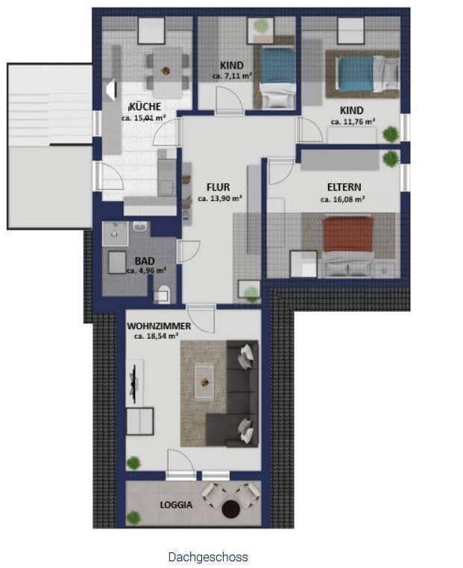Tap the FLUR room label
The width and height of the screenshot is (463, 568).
[x=218, y=187]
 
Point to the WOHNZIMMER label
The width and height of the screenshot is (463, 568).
[x=159, y=326]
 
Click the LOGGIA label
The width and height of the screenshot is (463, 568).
[x=176, y=504]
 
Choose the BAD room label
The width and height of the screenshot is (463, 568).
[x=145, y=261]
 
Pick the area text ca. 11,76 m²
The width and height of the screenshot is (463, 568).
[x=353, y=121]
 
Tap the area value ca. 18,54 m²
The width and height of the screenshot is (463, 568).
[x=156, y=336]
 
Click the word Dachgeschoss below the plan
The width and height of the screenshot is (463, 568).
[x=208, y=557]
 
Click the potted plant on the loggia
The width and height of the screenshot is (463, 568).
[x=133, y=517]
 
